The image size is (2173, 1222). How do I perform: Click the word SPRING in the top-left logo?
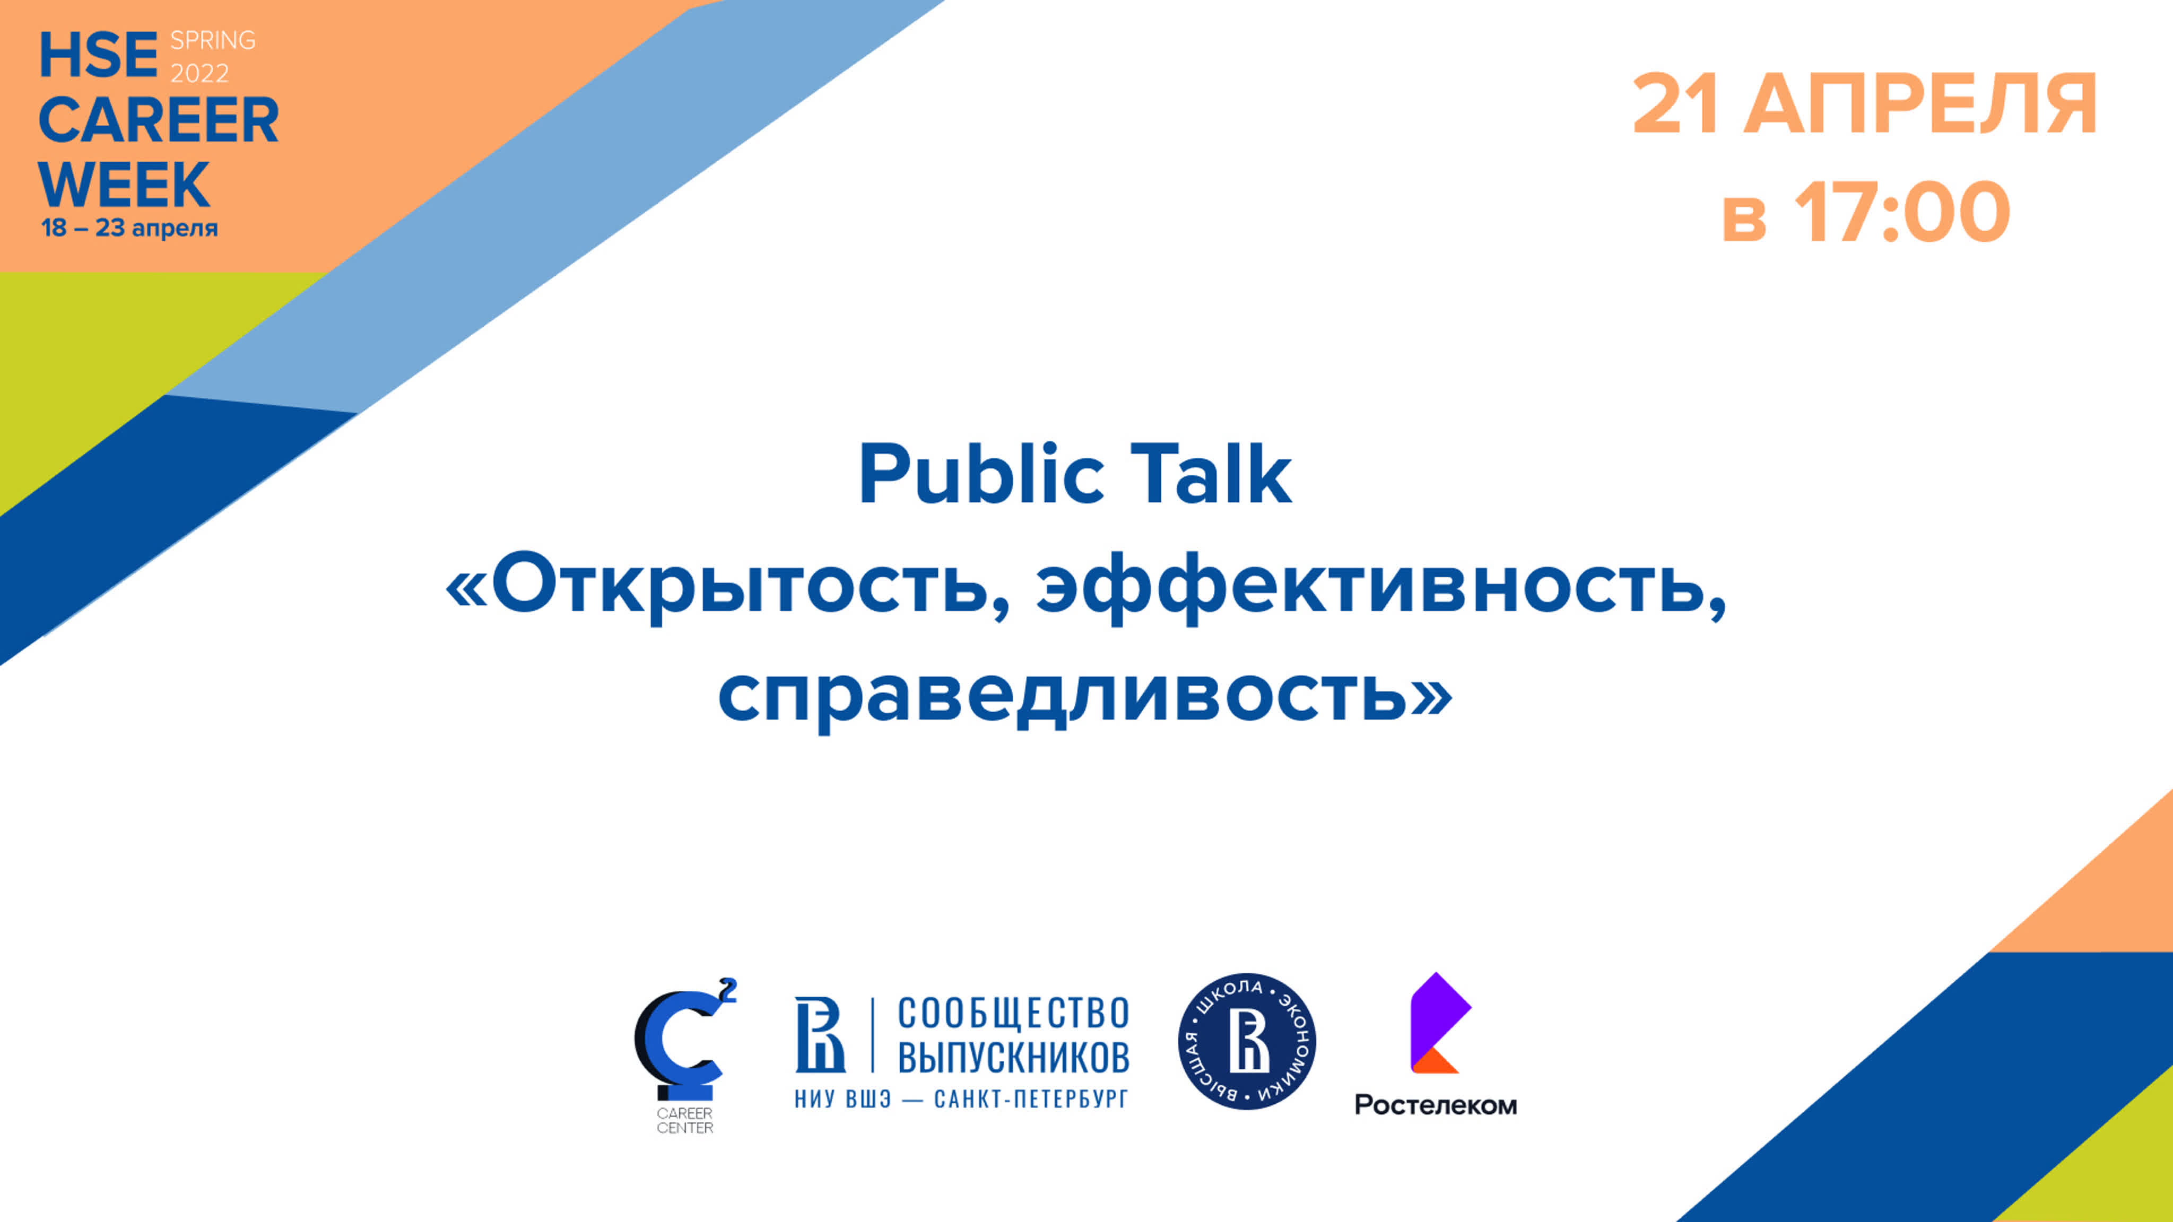tap(213, 40)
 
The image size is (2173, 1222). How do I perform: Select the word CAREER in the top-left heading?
tap(159, 120)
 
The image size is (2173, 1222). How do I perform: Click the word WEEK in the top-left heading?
tap(124, 184)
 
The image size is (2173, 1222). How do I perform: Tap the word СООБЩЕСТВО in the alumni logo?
tap(1013, 1014)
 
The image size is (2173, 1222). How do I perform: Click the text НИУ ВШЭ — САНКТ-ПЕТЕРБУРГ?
tap(961, 1099)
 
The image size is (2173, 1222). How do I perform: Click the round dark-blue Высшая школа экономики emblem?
tap(1247, 1042)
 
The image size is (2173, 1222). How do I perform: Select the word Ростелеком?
tap(1436, 1105)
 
